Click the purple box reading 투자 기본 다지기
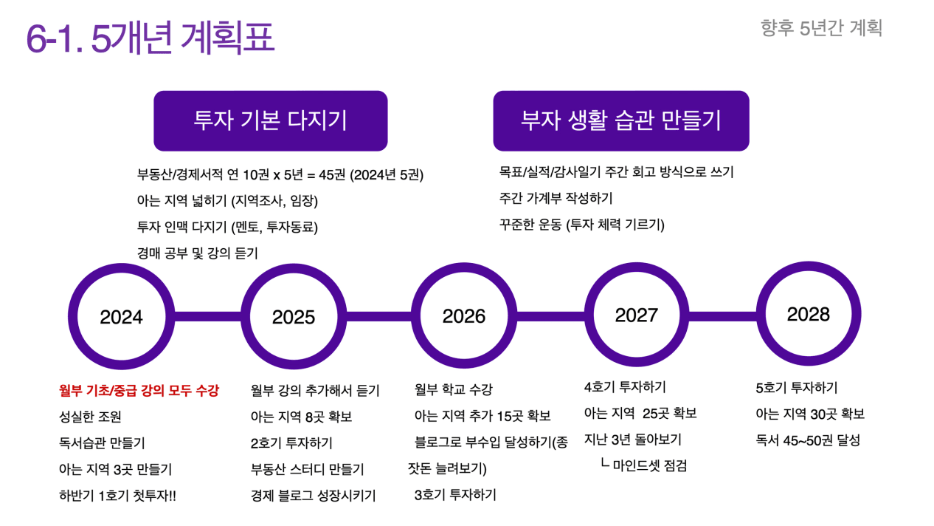[x=271, y=120]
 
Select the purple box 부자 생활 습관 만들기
[x=621, y=120]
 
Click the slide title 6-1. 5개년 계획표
[x=150, y=38]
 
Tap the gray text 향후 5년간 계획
[x=821, y=28]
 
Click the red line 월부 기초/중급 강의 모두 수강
[x=139, y=391]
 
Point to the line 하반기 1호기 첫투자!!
[x=117, y=496]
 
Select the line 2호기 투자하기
[x=291, y=443]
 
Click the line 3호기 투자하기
[x=455, y=495]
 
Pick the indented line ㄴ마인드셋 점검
[x=643, y=465]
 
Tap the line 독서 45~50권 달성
[x=808, y=440]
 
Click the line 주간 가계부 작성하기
[x=556, y=198]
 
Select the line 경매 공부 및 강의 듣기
[x=198, y=253]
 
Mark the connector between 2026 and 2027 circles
[x=551, y=316]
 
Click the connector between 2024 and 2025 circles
[x=207, y=316]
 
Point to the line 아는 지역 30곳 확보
[x=810, y=414]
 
